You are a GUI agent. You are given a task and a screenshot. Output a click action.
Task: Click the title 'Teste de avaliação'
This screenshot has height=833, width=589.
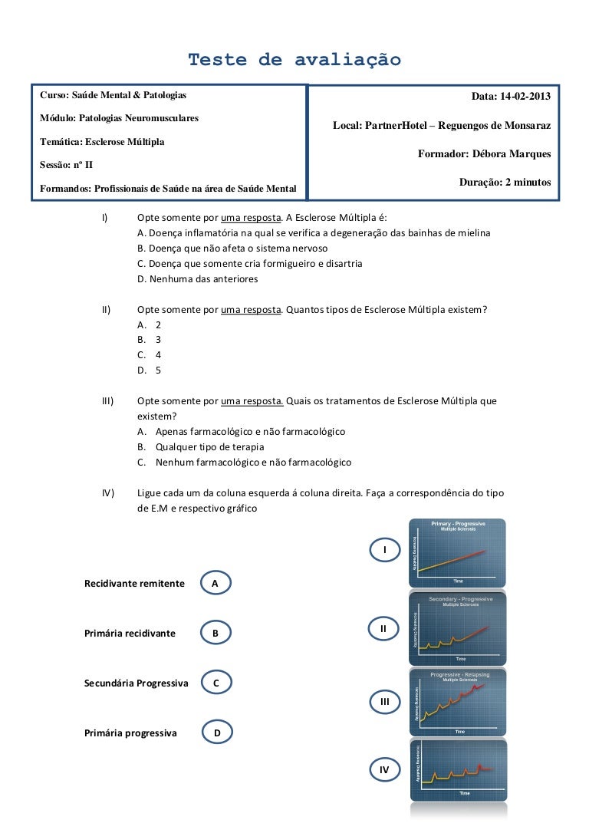point(294,60)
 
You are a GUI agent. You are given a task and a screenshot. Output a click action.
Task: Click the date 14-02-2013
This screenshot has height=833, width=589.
point(511,97)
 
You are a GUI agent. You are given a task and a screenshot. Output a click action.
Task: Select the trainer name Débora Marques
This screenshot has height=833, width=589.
point(484,154)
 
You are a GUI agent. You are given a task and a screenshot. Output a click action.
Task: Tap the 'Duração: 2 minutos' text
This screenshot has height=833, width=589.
point(505,183)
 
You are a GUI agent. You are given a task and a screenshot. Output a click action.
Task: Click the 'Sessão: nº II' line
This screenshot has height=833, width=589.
point(67,165)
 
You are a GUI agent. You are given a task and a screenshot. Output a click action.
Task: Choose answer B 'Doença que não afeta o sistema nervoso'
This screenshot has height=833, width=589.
point(232,249)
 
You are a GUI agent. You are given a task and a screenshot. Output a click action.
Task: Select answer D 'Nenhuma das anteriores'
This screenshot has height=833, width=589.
point(197,279)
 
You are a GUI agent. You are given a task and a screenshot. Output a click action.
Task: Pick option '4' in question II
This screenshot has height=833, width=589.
point(158,355)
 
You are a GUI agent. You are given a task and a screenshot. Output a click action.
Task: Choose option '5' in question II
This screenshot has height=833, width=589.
point(158,370)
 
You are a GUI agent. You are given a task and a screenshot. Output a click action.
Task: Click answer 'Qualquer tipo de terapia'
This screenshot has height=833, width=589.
point(209,447)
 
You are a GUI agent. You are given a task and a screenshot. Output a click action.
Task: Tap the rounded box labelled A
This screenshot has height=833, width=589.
point(216,584)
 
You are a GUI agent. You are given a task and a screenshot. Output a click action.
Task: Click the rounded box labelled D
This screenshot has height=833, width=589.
point(218,733)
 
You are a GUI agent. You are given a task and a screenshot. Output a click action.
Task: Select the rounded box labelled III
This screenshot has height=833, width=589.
point(385,701)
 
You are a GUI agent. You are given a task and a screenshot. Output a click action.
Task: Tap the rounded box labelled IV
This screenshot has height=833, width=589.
point(384,769)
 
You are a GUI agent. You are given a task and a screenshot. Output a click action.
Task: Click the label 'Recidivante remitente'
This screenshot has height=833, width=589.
point(134,584)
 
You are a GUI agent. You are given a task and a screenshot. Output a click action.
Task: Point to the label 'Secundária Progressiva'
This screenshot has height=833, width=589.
point(136,683)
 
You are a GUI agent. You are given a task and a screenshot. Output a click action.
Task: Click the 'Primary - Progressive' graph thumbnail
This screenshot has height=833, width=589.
point(458,551)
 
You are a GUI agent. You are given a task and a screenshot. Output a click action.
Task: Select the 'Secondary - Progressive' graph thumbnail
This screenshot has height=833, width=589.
point(458,627)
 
